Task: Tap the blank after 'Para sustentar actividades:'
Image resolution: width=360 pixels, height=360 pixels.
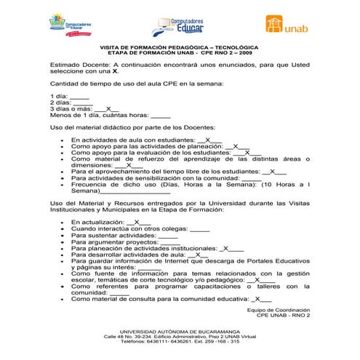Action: coord(168,235)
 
